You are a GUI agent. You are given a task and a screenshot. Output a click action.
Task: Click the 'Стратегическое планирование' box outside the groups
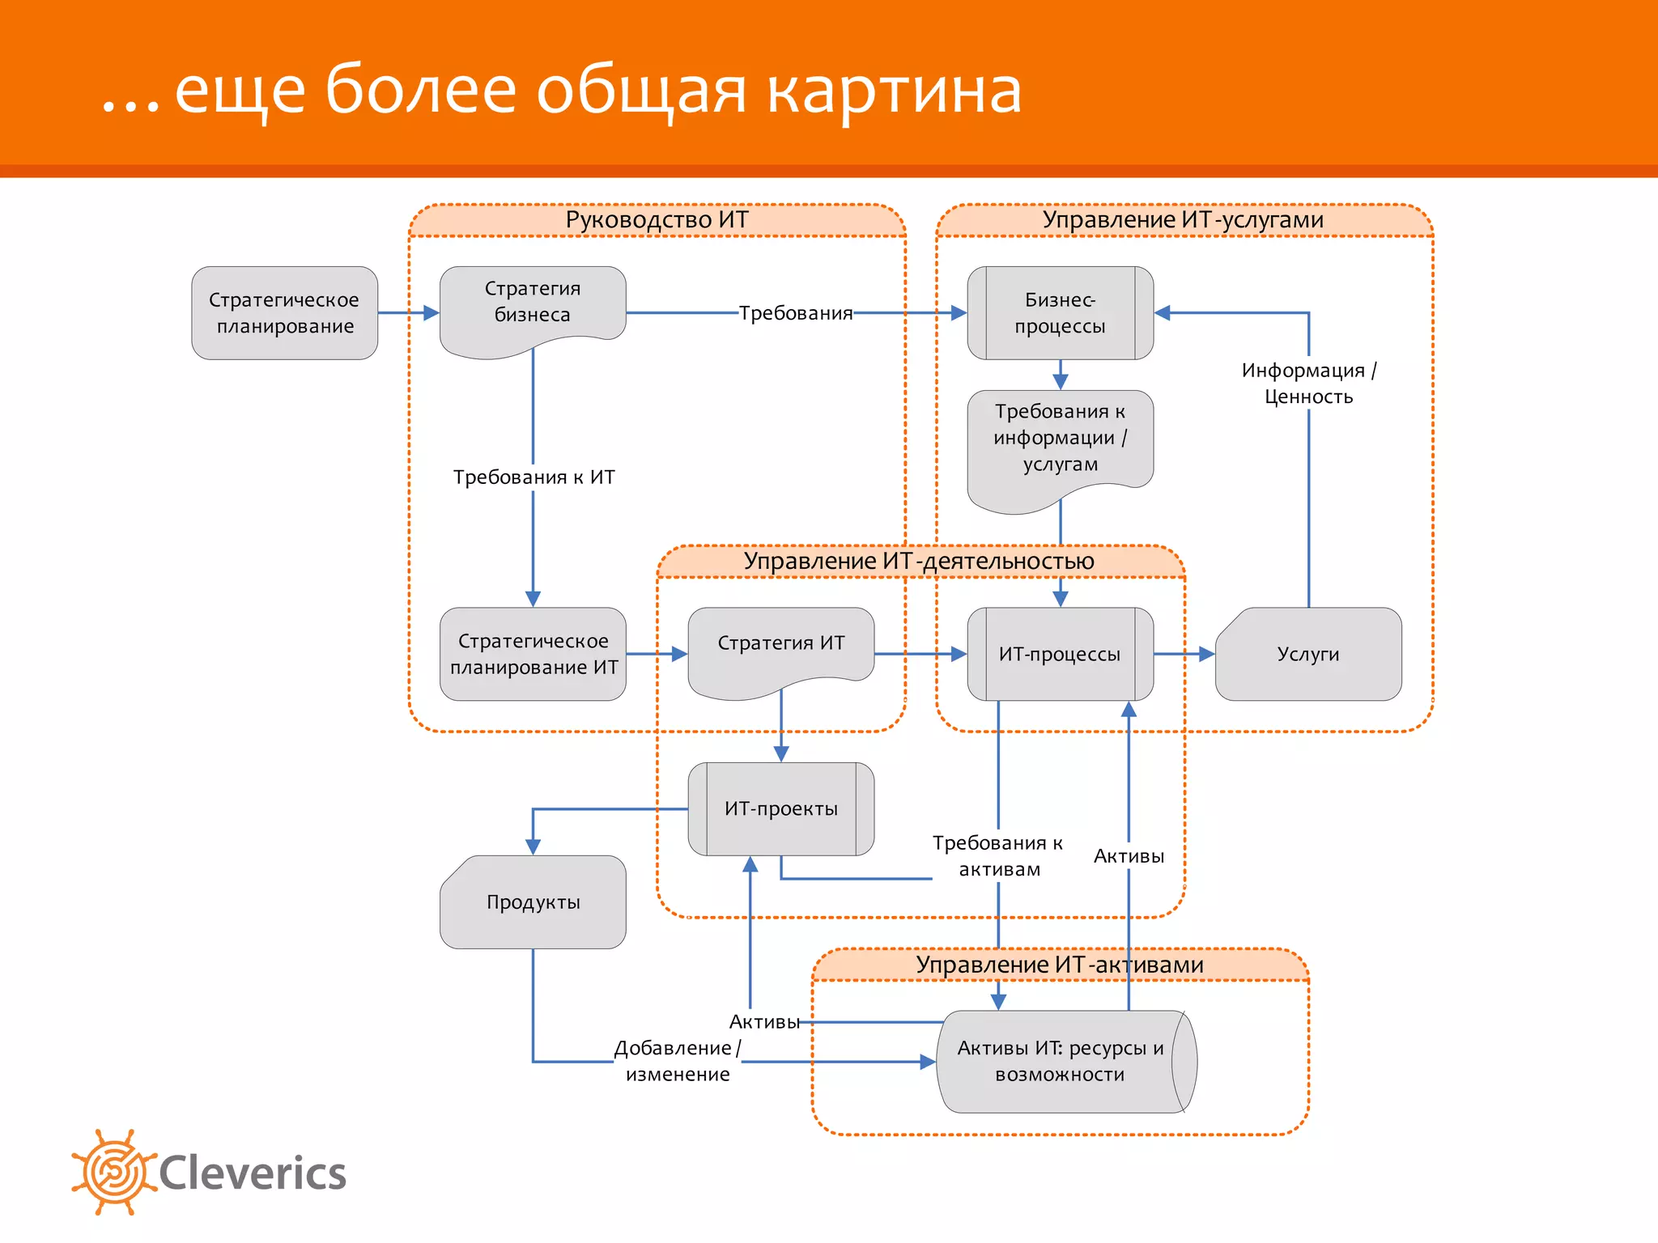284,313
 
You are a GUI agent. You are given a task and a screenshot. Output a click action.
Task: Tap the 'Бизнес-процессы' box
1060,313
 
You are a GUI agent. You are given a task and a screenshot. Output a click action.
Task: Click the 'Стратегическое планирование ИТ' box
533,654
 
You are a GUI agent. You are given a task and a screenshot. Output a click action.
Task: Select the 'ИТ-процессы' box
1060,654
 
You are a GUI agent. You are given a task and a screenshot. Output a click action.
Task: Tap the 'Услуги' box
1308,654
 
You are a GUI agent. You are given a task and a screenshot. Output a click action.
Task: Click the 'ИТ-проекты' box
780,808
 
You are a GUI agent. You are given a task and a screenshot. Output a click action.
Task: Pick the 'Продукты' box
533,901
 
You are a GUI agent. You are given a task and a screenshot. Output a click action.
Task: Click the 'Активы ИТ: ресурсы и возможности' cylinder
1061,1061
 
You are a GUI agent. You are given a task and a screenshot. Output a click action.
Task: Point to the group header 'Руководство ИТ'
657,220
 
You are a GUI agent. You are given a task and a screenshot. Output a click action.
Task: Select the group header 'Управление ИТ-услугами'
1183,220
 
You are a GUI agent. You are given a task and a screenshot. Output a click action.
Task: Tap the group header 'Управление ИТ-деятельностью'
919,561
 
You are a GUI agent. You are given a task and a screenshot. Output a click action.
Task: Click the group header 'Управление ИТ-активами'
1059,965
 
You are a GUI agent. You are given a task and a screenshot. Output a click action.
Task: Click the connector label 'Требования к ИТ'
534,477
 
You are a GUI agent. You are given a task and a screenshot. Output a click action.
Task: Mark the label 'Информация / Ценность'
1308,384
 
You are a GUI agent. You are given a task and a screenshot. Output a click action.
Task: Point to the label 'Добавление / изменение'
678,1061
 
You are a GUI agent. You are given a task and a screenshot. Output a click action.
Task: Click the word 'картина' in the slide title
894,91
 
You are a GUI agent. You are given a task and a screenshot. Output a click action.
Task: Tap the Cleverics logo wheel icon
113,1172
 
